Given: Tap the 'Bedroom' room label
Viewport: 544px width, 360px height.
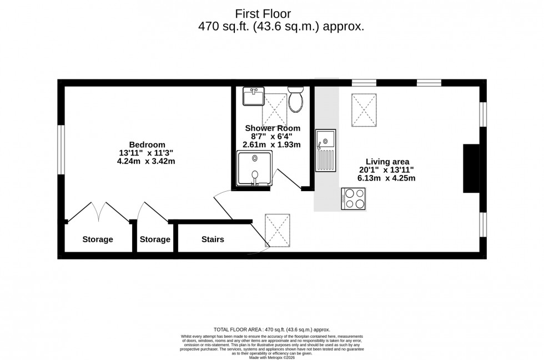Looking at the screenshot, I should click(x=147, y=144).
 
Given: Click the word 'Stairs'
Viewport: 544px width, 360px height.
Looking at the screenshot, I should click(x=213, y=239).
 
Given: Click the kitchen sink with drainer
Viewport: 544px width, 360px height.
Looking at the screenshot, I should click(x=325, y=149).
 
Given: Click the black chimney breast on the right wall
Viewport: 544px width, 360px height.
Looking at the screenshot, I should click(x=471, y=168).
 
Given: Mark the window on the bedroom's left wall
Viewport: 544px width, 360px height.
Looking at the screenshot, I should click(x=61, y=149).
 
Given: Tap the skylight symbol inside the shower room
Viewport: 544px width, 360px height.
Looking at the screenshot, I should click(x=274, y=109).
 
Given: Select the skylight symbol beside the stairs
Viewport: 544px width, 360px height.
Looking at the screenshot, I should click(x=278, y=229).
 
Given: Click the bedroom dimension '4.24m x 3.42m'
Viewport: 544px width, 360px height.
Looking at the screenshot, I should click(x=147, y=162).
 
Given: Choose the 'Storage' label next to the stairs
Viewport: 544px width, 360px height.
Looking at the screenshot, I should click(x=155, y=239).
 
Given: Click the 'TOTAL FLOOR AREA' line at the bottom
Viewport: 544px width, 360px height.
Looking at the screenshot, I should click(x=271, y=329).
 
